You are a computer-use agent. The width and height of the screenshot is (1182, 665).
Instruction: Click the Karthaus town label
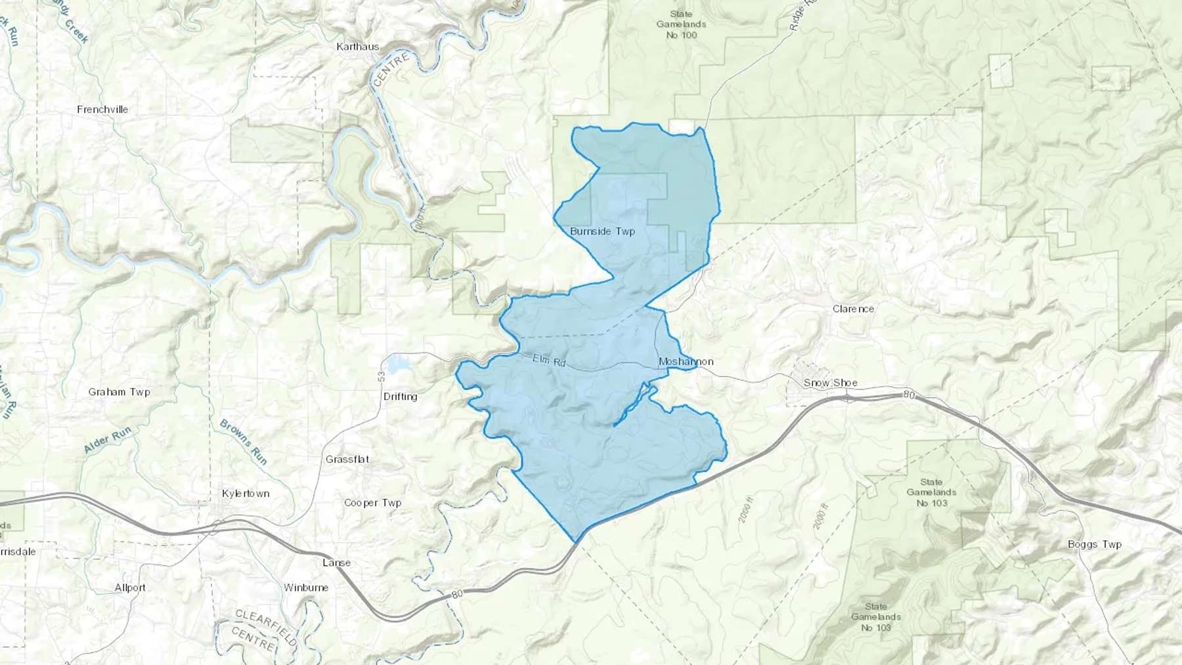pyautogui.click(x=358, y=47)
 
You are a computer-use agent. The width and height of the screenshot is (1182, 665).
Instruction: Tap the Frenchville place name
pyautogui.click(x=102, y=110)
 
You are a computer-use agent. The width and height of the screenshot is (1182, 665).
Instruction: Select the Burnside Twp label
pyautogui.click(x=602, y=232)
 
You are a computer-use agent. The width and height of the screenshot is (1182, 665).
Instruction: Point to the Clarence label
pyautogui.click(x=853, y=309)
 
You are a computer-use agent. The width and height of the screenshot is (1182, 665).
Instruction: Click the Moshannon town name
pyautogui.click(x=686, y=362)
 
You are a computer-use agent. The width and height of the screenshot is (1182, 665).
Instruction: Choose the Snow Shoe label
pyautogui.click(x=830, y=383)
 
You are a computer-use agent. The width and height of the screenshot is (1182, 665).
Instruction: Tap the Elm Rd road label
pyautogui.click(x=549, y=360)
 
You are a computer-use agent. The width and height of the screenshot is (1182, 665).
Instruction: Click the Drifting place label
pyautogui.click(x=400, y=397)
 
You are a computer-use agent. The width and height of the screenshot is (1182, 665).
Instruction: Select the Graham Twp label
pyautogui.click(x=120, y=392)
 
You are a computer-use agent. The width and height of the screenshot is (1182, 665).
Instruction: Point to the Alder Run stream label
pyautogui.click(x=108, y=440)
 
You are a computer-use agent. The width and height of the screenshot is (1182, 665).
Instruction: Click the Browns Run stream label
pyautogui.click(x=244, y=442)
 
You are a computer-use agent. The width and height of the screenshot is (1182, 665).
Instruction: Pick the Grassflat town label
pyautogui.click(x=347, y=460)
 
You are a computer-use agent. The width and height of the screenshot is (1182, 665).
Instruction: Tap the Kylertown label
pyautogui.click(x=246, y=494)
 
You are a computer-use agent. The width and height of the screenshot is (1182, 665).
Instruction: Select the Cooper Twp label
pyautogui.click(x=372, y=503)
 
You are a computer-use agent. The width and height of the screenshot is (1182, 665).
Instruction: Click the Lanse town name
pyautogui.click(x=336, y=563)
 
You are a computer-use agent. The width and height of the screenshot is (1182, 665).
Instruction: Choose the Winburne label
pyautogui.click(x=306, y=588)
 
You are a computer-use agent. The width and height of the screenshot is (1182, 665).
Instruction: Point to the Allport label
pyautogui.click(x=130, y=588)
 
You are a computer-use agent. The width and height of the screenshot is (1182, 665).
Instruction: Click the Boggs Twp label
pyautogui.click(x=1094, y=544)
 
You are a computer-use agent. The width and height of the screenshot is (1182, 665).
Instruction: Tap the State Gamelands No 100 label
pyautogui.click(x=681, y=24)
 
